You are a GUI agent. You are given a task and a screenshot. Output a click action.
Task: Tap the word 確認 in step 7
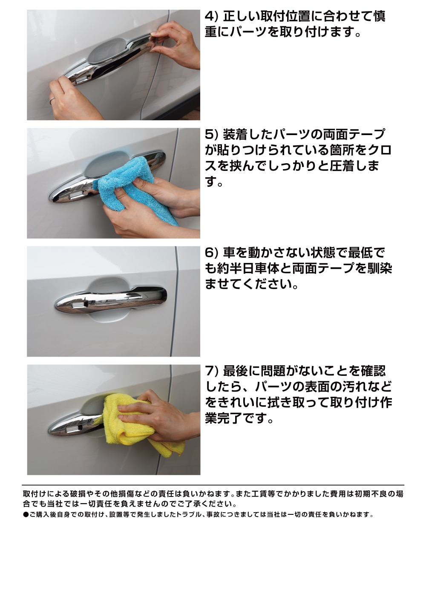point(374,371)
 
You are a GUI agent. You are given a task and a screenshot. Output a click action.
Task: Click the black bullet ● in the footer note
point(26,515)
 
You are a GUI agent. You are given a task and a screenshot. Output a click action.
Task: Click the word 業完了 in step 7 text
point(223,418)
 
